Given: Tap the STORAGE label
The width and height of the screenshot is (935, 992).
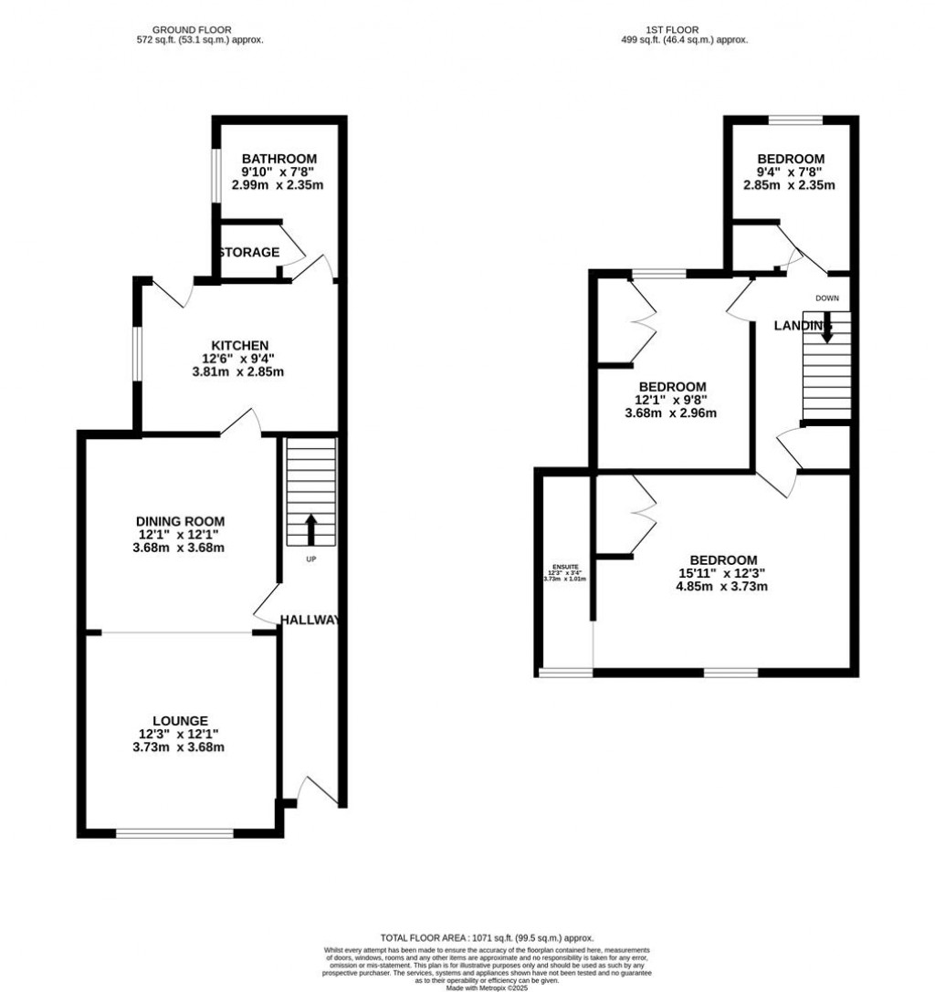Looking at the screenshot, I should (248, 252).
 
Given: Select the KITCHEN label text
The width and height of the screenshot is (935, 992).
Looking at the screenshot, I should (240, 345).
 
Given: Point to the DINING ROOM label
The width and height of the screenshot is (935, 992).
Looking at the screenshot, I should (181, 521).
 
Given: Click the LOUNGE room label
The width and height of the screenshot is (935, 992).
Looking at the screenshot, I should (181, 720).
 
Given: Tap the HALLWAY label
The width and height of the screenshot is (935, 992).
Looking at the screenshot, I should (310, 620).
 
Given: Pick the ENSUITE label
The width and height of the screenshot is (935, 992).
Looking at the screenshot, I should (564, 567).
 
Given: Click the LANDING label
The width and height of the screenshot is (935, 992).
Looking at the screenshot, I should (803, 326).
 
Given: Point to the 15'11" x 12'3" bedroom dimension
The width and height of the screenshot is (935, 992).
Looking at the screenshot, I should (723, 573).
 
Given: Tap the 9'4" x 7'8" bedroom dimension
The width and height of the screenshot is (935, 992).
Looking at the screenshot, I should (791, 172).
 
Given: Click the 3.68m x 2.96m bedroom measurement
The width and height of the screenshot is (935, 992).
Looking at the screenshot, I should (671, 412).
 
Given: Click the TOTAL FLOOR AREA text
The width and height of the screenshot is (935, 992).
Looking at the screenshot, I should (487, 938).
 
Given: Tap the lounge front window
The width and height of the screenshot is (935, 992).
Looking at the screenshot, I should (174, 832).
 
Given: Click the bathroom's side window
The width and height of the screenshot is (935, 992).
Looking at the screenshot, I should (215, 172).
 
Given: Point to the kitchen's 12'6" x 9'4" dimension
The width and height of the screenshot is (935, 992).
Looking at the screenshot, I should (240, 359).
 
